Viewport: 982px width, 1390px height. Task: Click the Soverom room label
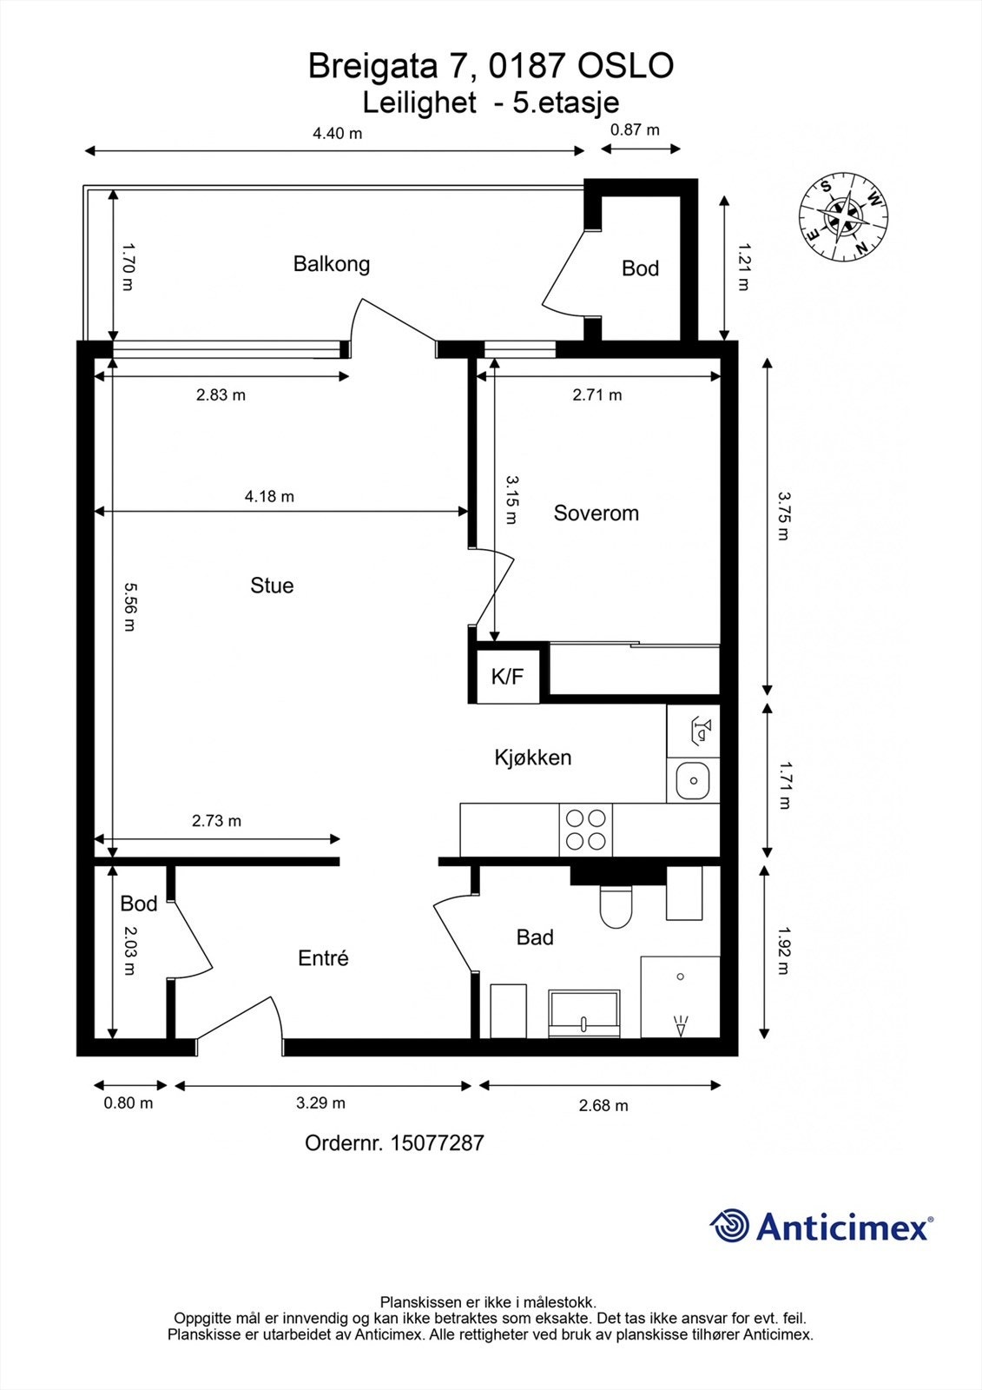[x=596, y=513]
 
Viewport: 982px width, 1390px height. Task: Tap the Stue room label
[x=272, y=586]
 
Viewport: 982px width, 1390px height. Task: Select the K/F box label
[x=507, y=677]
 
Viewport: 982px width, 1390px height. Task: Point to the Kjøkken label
[x=532, y=758]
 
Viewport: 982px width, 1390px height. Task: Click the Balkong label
[x=331, y=263]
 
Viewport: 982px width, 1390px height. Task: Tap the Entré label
[x=323, y=958]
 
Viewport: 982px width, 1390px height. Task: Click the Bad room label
[x=535, y=937]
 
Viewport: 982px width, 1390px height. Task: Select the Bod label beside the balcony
[x=640, y=268]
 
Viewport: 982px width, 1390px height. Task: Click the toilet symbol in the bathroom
[x=616, y=906]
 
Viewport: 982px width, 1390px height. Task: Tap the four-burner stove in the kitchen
[x=585, y=829]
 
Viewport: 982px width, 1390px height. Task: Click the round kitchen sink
[x=694, y=780]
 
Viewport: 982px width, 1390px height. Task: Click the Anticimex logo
[x=821, y=1227]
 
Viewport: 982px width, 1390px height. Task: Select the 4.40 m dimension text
[x=337, y=133]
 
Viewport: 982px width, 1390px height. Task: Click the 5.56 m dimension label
[x=129, y=606]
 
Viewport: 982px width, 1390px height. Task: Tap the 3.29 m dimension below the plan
[x=320, y=1103]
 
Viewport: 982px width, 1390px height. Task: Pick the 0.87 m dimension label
[x=635, y=129]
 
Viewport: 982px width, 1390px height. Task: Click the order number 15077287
[x=394, y=1143]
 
